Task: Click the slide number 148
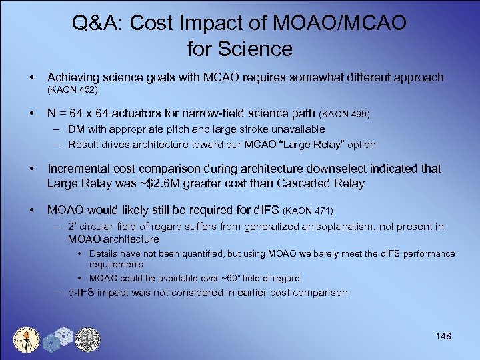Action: coord(442,336)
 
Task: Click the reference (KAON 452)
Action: coord(72,88)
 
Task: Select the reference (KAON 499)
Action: coord(346,115)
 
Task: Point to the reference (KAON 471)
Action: coord(309,211)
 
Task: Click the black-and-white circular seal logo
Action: coord(87,339)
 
